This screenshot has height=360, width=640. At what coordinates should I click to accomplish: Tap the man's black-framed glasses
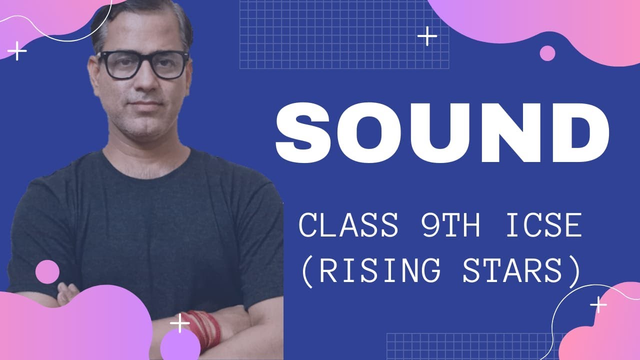point(142,65)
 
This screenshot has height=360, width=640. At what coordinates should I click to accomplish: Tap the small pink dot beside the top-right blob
point(547,53)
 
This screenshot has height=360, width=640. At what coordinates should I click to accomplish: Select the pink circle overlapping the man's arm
point(47,272)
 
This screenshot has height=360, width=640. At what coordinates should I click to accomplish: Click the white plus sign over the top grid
point(427,36)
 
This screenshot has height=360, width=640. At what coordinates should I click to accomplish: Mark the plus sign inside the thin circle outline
point(598,304)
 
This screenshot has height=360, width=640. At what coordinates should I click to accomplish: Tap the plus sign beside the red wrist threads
point(179,324)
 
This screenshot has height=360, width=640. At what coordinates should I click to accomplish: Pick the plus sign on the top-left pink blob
point(17,51)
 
